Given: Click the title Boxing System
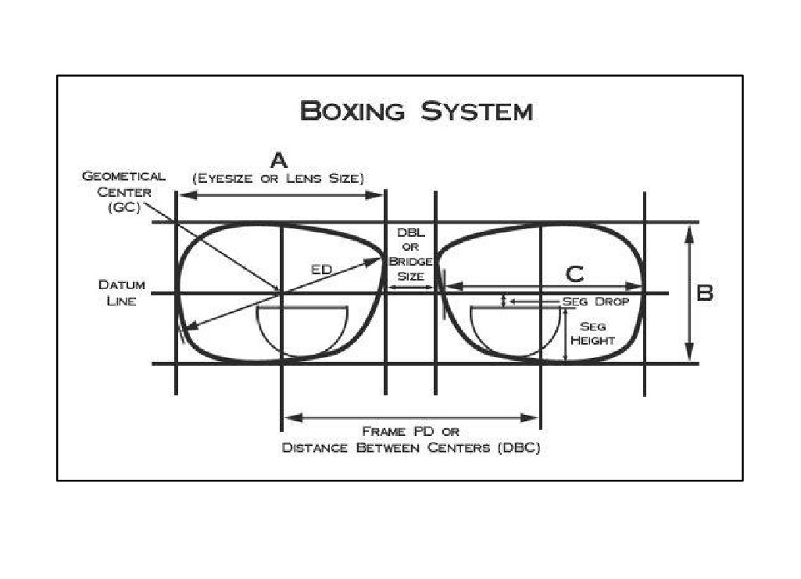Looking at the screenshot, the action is tap(416, 111).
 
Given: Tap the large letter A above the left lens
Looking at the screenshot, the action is tap(279, 160).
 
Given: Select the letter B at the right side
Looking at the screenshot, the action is tap(705, 293).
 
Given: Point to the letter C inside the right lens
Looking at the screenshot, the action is tap(574, 274).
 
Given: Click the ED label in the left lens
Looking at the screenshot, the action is tap(322, 269).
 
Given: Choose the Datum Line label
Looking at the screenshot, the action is tap(122, 292).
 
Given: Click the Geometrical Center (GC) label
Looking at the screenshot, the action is tap(124, 192).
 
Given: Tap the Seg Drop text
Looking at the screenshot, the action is tap(595, 302).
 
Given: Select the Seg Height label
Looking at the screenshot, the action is tap(592, 333).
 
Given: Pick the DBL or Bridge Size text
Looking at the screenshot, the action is tap(411, 254).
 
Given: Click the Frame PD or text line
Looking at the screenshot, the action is tap(411, 431).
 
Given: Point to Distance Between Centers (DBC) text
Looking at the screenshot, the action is tap(411, 448).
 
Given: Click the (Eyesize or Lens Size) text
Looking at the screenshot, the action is tap(278, 178).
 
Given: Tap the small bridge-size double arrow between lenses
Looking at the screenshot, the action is tap(411, 288).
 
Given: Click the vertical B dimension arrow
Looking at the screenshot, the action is tap(689, 293).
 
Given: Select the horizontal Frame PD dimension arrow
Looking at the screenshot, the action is tap(411, 418).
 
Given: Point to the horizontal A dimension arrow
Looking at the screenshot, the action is tap(281, 195).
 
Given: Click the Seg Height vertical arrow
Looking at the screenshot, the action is tap(566, 335).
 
